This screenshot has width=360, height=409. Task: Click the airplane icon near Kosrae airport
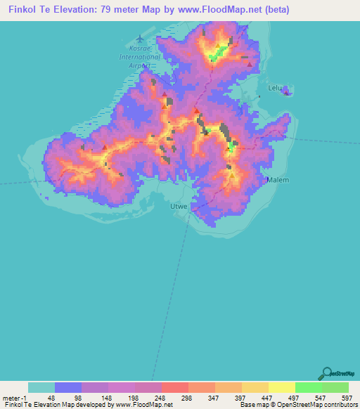point(141,38)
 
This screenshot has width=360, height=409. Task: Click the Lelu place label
point(275,88)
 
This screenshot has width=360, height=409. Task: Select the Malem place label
point(278,180)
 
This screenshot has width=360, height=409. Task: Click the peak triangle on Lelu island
point(287,92)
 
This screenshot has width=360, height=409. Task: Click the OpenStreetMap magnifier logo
point(327,373)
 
